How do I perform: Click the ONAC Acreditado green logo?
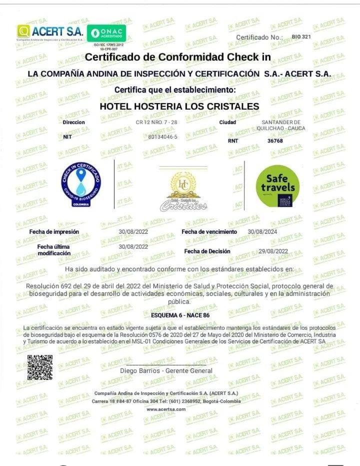(106, 34)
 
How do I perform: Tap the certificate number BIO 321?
(301, 37)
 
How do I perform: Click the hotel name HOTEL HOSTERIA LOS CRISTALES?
(179, 106)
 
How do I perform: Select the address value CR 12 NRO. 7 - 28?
(156, 122)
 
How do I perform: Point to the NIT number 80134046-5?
(162, 137)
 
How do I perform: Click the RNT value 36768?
(275, 141)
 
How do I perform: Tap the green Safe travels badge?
(277, 186)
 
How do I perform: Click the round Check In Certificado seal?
(80, 184)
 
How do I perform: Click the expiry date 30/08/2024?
(262, 232)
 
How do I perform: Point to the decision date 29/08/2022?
(273, 251)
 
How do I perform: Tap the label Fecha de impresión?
(54, 232)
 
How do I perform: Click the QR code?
(40, 367)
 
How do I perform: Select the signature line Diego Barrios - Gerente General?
(166, 371)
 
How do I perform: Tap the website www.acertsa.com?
(166, 409)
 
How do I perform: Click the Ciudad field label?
(227, 122)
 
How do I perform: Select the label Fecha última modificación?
(53, 250)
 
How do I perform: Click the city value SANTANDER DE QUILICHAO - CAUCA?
(281, 125)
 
